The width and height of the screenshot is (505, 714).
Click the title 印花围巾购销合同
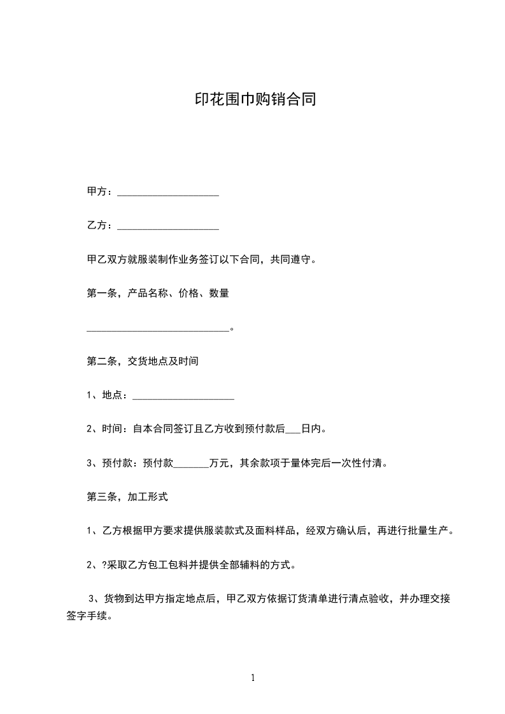pos(255,100)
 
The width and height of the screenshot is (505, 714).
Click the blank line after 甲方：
pos(168,194)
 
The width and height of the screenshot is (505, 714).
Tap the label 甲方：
pos(101,192)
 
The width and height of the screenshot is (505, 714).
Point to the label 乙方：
pos(101,225)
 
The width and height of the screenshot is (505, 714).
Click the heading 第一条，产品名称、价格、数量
pos(158,293)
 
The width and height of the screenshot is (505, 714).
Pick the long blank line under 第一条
pos(157,330)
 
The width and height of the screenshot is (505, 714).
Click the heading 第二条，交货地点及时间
pos(143,361)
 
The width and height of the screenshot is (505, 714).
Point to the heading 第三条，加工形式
pos(127,497)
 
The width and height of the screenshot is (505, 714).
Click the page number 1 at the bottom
pos(253,678)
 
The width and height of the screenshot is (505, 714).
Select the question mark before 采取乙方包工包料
pos(104,564)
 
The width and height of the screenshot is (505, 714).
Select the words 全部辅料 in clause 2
pos(236,564)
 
